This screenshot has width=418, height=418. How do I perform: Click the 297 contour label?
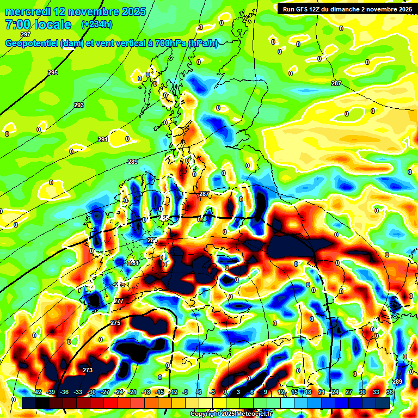point(26,34)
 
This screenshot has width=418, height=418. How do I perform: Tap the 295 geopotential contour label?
point(53,72)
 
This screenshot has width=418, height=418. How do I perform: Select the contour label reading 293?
point(79,105)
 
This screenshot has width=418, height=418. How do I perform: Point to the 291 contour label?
point(103,140)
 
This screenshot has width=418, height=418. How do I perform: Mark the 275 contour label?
point(115,323)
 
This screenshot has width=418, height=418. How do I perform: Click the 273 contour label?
point(88,370)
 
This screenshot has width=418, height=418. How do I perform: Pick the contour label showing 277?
point(119,301)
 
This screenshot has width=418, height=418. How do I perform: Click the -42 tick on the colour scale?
point(37,392)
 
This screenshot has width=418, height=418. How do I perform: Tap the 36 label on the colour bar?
point(389,392)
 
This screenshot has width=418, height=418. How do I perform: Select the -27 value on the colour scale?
point(105,392)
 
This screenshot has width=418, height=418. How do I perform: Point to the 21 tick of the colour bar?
point(321,392)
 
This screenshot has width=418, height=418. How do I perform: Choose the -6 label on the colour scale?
point(199,392)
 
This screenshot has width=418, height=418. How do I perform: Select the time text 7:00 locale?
point(38,24)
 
